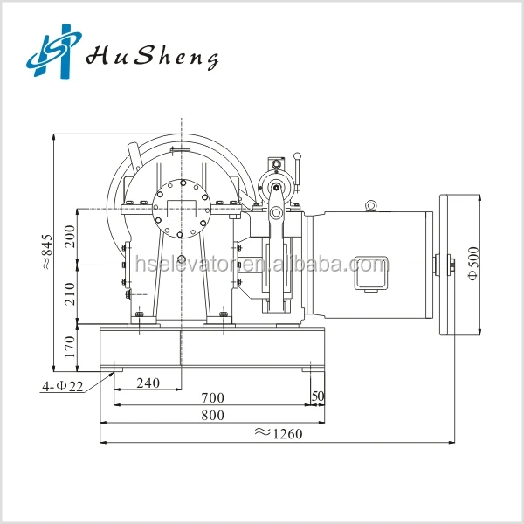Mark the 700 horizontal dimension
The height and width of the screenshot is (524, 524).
[212, 398]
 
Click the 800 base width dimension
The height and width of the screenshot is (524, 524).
[212, 415]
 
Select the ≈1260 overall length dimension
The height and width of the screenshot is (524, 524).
[277, 434]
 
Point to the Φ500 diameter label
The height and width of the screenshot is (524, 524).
[472, 262]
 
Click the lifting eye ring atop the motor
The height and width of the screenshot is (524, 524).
[371, 206]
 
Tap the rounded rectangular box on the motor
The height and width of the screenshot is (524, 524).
[368, 272]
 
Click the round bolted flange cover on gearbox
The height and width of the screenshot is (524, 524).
[182, 210]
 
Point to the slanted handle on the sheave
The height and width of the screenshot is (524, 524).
[134, 160]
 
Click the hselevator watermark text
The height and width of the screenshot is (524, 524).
[253, 263]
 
